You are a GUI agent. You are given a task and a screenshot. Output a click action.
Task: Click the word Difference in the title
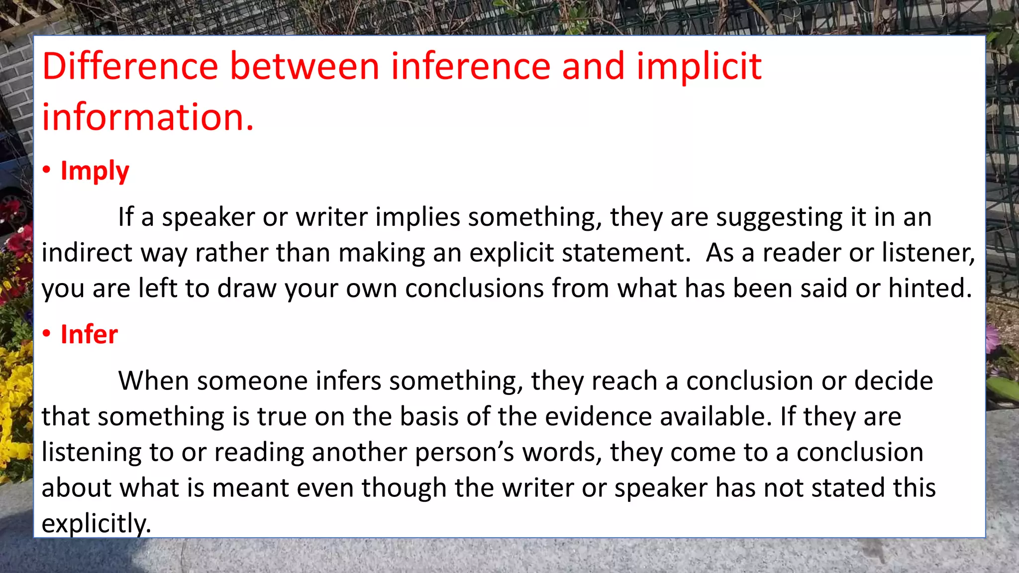(130, 66)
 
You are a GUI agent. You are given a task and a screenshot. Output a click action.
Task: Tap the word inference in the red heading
(470, 66)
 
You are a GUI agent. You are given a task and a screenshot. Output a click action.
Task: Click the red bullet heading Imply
(95, 171)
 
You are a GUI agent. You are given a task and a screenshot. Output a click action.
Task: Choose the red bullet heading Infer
(89, 334)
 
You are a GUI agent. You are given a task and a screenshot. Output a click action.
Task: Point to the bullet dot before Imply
(47, 171)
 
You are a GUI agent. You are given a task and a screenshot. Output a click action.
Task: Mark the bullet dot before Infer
(47, 334)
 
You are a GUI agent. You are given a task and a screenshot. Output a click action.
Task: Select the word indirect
(87, 253)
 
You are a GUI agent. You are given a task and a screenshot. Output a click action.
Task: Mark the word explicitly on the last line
(96, 524)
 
